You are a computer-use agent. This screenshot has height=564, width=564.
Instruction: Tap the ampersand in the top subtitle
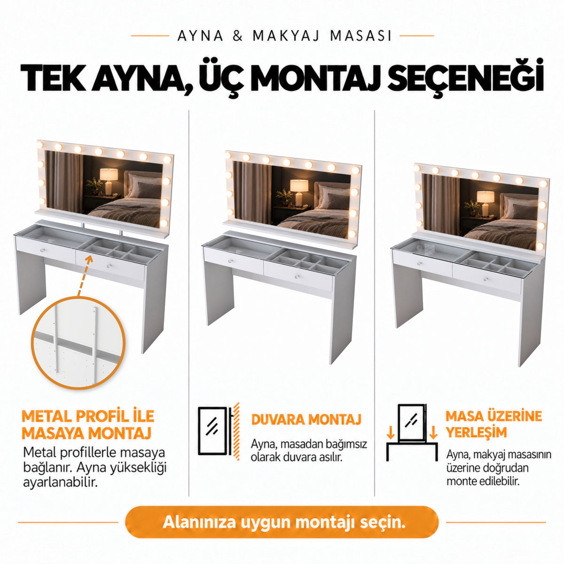coord(238,36)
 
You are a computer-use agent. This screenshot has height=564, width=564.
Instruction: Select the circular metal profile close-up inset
coord(78,343)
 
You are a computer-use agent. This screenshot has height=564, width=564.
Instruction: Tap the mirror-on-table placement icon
coord(412,432)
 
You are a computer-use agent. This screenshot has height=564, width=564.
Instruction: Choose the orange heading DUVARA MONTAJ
coord(306,419)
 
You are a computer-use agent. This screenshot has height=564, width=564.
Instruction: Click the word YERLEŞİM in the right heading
coord(476,432)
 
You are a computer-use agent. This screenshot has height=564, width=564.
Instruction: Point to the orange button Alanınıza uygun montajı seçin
coord(282,522)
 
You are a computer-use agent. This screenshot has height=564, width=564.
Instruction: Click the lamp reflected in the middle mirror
coord(299,193)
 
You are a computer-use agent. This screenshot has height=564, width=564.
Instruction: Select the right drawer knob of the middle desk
coord(298,276)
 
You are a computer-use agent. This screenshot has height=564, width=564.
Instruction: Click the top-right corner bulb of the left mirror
coord(167,159)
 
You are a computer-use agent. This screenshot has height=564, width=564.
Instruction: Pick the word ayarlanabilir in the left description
coord(60,483)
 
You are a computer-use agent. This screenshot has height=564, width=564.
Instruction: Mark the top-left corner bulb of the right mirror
coord(417,168)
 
